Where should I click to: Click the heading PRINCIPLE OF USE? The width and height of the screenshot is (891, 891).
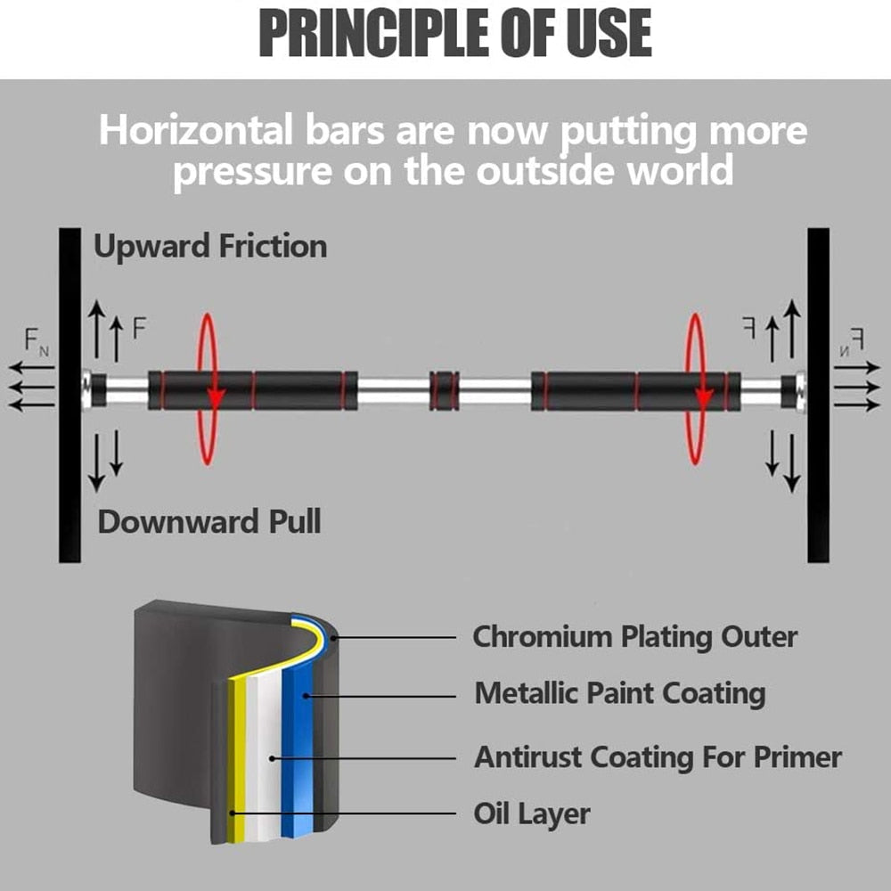454,34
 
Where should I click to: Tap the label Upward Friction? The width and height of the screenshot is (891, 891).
210,246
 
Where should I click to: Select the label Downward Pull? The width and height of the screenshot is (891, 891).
208,521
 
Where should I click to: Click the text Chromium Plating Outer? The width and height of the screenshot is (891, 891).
634,637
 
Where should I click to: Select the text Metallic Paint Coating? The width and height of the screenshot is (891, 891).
619,692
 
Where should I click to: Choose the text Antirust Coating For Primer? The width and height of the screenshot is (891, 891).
658,757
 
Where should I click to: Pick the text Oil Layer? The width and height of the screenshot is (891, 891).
531,813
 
